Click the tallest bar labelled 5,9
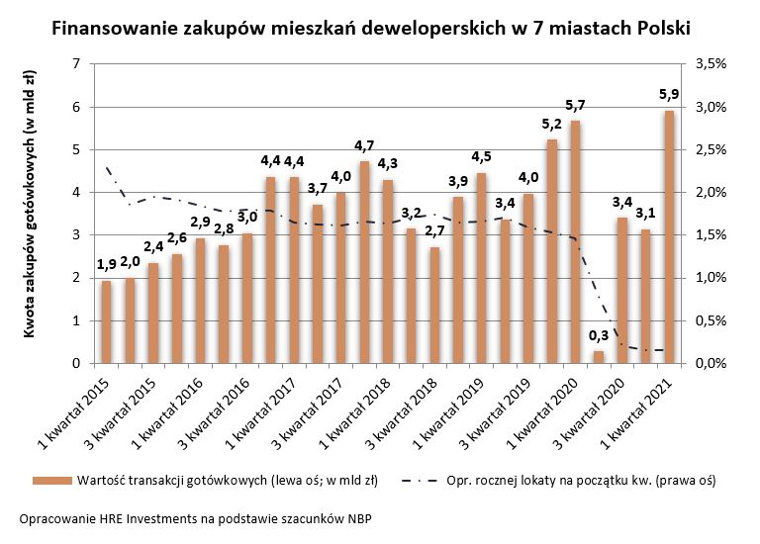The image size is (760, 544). tap(670, 237)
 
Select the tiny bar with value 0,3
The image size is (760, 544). tap(599, 357)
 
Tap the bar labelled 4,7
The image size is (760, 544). tap(365, 262)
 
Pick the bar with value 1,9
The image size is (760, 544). tap(106, 322)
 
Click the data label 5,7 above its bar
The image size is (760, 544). tap(575, 105)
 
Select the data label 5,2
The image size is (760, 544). tap(551, 125)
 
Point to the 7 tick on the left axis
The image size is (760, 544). tap(76, 64)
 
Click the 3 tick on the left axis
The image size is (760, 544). tap(76, 235)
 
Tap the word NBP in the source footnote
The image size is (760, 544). tap(359, 518)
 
